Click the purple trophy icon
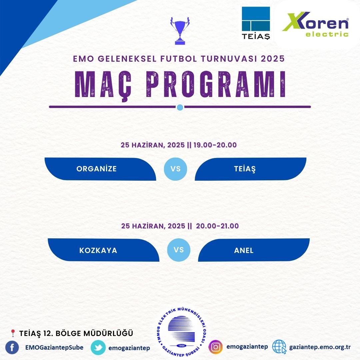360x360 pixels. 180,31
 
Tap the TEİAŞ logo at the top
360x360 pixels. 256,23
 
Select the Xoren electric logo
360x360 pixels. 316,24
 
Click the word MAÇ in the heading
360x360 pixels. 104,85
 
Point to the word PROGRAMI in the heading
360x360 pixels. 216,84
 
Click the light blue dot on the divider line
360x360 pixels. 180,107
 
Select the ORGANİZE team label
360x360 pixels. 96,169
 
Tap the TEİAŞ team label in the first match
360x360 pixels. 245,169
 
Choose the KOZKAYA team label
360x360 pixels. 98,250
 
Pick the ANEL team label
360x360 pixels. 244,250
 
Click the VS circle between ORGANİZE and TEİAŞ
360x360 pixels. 176,169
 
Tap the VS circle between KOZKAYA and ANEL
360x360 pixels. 179,250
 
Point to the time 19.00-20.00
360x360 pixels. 215,145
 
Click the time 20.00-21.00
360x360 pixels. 217,226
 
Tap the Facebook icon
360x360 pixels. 12,347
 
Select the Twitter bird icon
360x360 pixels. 98,348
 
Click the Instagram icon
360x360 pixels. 215,347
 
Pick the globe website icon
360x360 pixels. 279,347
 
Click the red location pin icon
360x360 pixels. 13,333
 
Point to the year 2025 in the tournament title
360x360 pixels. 273,59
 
